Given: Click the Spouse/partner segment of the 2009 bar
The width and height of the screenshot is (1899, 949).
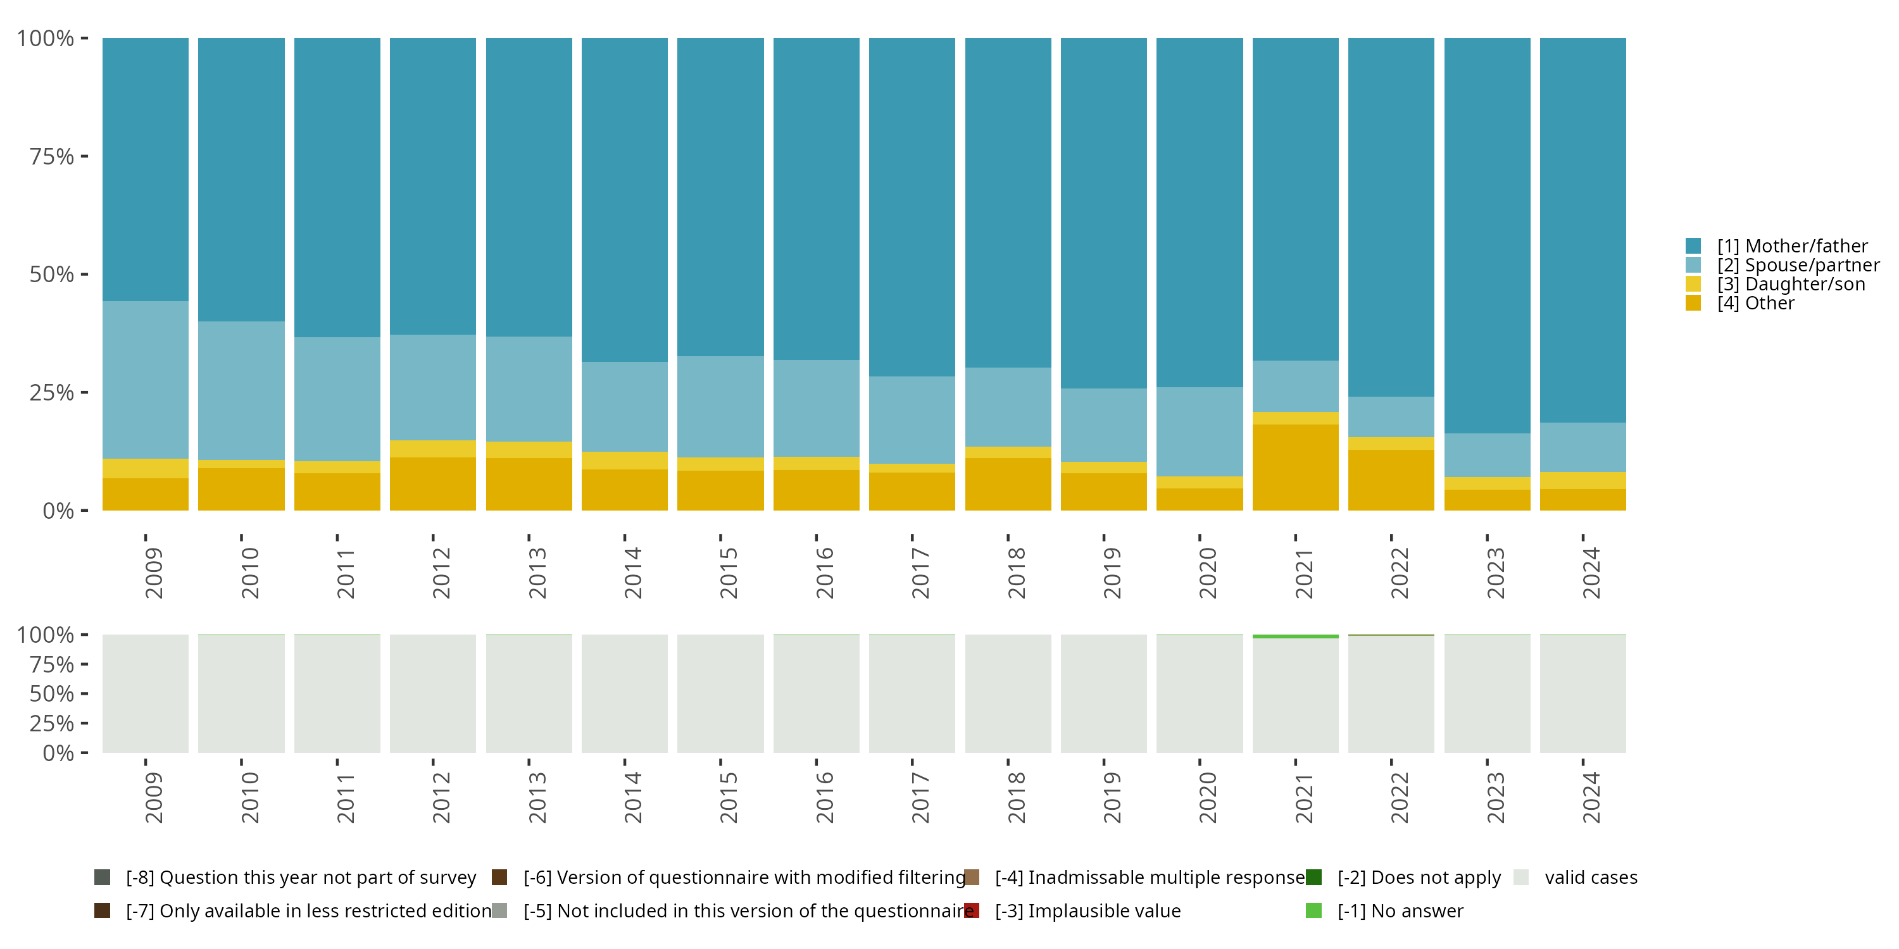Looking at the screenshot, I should (x=145, y=380).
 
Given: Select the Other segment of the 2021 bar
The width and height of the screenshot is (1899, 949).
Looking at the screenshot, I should (x=1295, y=467).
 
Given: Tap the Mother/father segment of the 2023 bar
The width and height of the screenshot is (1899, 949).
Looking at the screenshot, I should (x=1487, y=235).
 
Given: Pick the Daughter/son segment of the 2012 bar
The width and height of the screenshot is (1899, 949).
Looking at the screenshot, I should (x=433, y=449).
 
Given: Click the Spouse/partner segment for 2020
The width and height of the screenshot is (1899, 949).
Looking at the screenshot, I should (x=1200, y=431).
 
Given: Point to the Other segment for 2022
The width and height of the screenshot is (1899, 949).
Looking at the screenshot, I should (x=1391, y=480).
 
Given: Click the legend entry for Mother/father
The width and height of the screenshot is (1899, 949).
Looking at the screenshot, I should (x=1791, y=246).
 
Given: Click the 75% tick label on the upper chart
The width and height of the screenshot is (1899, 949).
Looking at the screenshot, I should (x=52, y=156).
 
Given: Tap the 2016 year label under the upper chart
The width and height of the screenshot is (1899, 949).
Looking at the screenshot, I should (x=824, y=573).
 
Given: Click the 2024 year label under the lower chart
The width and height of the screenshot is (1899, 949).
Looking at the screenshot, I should (x=1591, y=797).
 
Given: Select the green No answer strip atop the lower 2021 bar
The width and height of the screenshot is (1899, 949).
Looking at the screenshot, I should (x=1295, y=636).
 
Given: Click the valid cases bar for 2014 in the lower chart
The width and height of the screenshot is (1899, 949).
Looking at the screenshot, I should (x=624, y=694).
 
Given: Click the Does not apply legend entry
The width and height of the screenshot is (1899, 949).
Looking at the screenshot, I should (x=1419, y=878).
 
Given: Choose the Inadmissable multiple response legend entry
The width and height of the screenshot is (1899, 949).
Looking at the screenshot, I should (x=1148, y=878).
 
